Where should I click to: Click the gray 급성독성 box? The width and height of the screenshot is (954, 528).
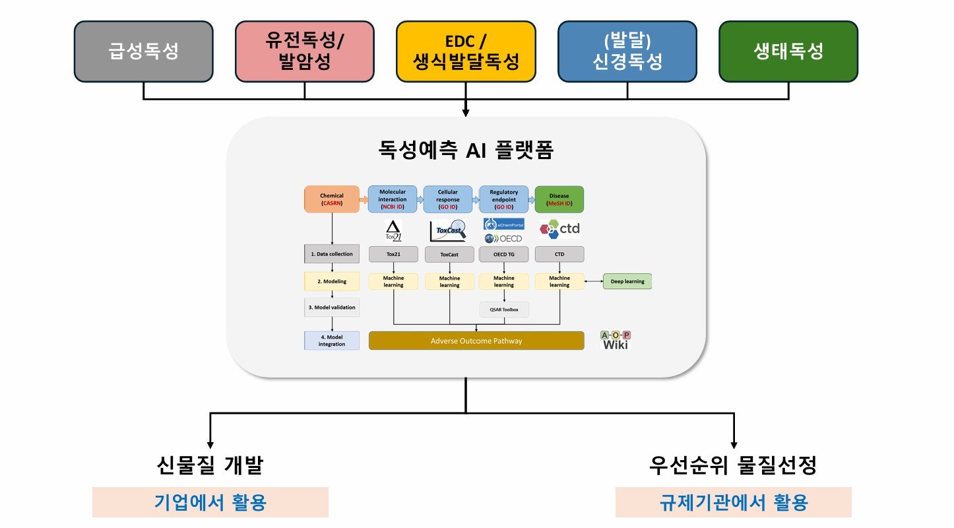point(143,51)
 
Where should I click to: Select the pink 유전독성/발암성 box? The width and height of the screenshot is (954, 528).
point(305,51)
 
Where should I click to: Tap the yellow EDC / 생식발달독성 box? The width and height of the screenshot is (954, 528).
point(466,51)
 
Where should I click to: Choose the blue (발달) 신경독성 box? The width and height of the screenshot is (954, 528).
point(627,51)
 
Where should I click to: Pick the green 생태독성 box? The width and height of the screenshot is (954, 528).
point(788,51)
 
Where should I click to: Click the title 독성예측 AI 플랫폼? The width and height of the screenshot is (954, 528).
point(466,152)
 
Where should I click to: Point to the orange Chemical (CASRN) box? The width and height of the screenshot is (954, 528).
point(331,199)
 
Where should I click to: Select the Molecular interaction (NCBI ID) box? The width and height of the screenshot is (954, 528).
point(393,199)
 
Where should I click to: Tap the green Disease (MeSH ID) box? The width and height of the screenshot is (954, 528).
point(559,199)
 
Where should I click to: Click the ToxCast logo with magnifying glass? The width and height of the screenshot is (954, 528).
point(448,230)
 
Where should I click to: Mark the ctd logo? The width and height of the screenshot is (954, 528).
point(559,229)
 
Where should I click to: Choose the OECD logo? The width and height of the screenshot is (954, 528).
point(505,238)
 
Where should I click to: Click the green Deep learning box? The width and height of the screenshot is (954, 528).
point(627,281)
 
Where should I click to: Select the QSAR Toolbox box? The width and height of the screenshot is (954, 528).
point(504,308)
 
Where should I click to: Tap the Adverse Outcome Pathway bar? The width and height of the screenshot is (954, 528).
point(476,341)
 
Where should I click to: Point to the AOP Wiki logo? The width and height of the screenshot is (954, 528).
point(615,339)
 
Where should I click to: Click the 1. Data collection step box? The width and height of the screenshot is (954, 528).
point(331,253)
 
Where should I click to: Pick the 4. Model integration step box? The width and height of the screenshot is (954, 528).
point(331,341)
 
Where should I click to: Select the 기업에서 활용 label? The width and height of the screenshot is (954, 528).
point(210,503)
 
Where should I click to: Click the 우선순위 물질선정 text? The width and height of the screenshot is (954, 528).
point(733,466)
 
